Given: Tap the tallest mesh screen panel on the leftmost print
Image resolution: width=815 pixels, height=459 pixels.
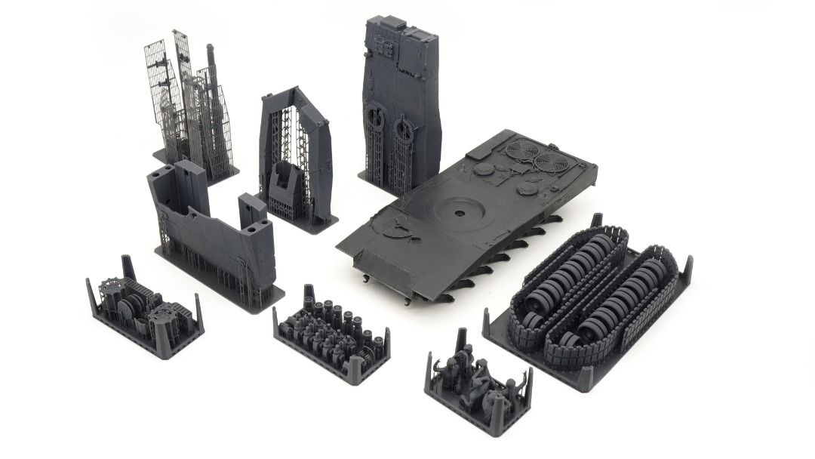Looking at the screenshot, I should pyautogui.click(x=183, y=83).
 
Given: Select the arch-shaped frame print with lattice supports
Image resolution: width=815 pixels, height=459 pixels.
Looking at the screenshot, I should pyautogui.click(x=294, y=155).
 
